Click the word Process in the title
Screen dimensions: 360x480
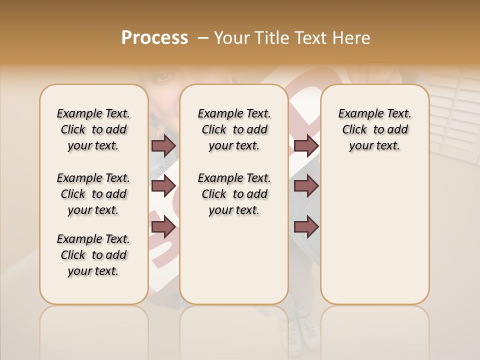154,38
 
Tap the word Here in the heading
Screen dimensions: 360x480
352,38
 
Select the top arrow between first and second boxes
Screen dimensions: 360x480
163,145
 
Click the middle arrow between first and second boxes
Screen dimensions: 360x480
163,186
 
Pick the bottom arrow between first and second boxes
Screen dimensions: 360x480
163,227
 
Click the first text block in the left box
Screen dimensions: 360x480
93,129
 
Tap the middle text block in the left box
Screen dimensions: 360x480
93,194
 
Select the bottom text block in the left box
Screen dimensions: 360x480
93,255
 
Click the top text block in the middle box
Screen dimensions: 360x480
234,129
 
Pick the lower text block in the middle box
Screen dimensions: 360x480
234,194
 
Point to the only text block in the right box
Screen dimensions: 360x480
374,129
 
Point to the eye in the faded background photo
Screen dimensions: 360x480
165,77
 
